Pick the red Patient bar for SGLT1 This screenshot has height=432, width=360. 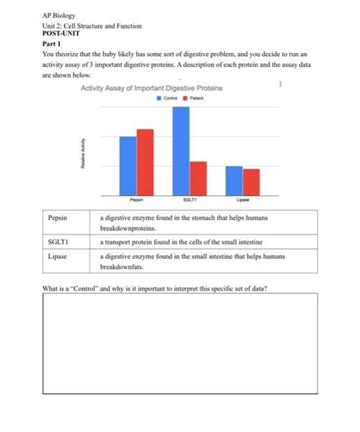coord(198,178)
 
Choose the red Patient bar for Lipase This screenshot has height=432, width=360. coord(251,181)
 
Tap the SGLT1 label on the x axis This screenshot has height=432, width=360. coord(189,199)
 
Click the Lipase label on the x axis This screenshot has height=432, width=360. coord(243,199)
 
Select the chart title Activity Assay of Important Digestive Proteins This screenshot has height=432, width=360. coord(150,89)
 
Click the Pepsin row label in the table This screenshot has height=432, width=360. coord(58,218)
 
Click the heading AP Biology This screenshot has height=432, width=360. coord(58,16)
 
